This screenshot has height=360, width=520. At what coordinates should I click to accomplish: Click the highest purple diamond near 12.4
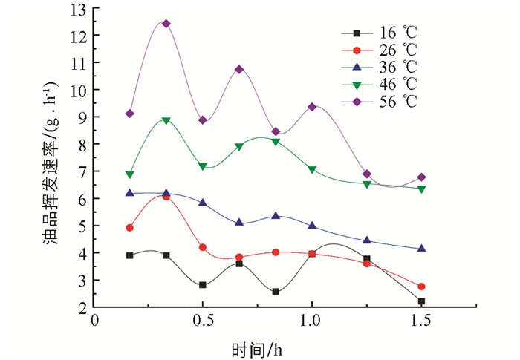(x=166, y=24)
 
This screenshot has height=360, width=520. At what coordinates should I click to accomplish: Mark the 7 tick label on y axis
(x=79, y=171)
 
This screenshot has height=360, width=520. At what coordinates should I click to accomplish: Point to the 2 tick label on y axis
(x=79, y=307)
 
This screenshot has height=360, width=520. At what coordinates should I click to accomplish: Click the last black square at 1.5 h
(x=421, y=301)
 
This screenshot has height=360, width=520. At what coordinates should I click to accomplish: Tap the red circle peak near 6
(x=166, y=197)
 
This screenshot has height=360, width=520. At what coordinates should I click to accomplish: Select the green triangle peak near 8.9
(x=166, y=120)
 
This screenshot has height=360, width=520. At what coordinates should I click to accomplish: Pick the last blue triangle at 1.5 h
(x=421, y=249)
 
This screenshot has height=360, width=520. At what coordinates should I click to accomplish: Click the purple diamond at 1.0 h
(x=312, y=107)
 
